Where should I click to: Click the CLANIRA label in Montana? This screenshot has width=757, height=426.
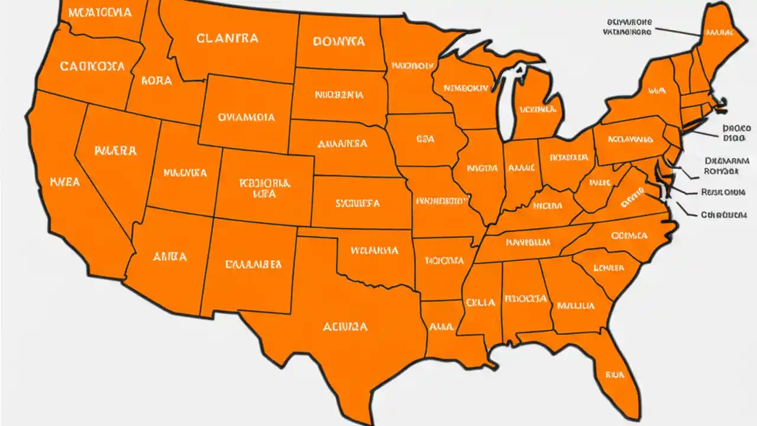tap(227, 38)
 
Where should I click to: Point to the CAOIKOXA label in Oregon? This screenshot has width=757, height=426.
tap(92, 66)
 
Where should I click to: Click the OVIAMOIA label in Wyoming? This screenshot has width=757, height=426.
tap(246, 117)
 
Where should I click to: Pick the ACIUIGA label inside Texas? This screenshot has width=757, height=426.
tap(345, 326)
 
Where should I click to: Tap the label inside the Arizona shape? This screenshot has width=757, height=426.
tap(170, 257)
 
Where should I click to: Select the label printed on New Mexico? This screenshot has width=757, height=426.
tap(253, 264)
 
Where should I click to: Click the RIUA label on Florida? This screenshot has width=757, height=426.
tap(615, 374)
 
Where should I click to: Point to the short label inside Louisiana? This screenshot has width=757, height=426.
tap(441, 326)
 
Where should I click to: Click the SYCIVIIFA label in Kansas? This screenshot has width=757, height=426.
tap(357, 204)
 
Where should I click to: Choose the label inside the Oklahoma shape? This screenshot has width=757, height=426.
tap(374, 250)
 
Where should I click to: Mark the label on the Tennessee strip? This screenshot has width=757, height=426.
tap(528, 242)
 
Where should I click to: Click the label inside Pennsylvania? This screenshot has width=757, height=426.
tap(630, 140)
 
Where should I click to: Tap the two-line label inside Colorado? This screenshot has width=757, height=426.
tap(264, 188)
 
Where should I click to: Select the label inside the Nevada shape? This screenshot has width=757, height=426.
tap(115, 150)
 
